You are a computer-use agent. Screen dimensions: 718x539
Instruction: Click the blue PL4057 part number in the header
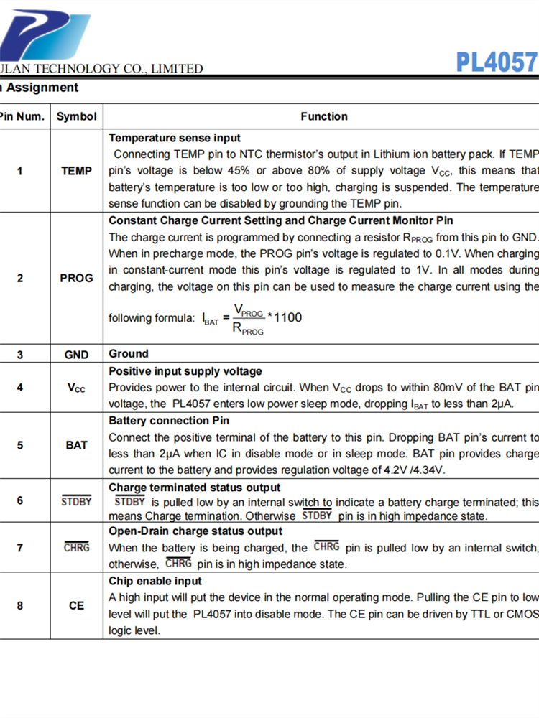point(497,62)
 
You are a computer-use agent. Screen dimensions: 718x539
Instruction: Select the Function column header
point(324,116)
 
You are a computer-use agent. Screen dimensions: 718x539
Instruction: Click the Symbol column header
point(76,116)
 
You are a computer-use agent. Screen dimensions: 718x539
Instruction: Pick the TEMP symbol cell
point(76,171)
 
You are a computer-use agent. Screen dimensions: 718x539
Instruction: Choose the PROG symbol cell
point(76,278)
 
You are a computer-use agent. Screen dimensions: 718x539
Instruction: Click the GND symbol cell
point(76,355)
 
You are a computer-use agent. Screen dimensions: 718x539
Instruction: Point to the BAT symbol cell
point(76,445)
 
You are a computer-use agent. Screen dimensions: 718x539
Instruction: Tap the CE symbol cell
point(76,605)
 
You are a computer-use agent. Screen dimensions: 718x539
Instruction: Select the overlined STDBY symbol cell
point(76,501)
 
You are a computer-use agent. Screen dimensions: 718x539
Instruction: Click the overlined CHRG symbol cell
point(76,547)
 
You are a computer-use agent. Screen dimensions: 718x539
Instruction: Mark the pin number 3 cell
point(20,355)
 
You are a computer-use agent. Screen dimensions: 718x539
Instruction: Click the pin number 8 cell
point(20,605)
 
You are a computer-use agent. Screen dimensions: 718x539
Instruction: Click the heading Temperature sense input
point(175,138)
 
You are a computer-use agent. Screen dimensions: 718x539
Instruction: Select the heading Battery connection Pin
point(169,421)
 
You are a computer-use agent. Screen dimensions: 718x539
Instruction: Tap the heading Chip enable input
point(155,581)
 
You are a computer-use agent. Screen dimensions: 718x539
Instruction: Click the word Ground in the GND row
point(129,354)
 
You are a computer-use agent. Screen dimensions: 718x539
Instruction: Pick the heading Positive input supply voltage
point(185,371)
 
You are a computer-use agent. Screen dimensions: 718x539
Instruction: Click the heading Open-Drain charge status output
point(195,531)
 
